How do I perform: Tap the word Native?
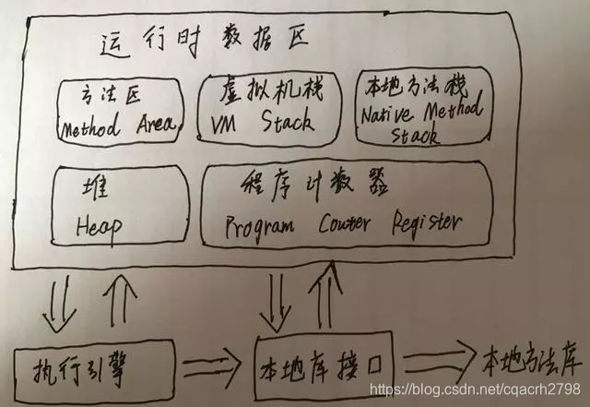coord(387,115)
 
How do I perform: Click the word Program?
coord(261,223)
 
